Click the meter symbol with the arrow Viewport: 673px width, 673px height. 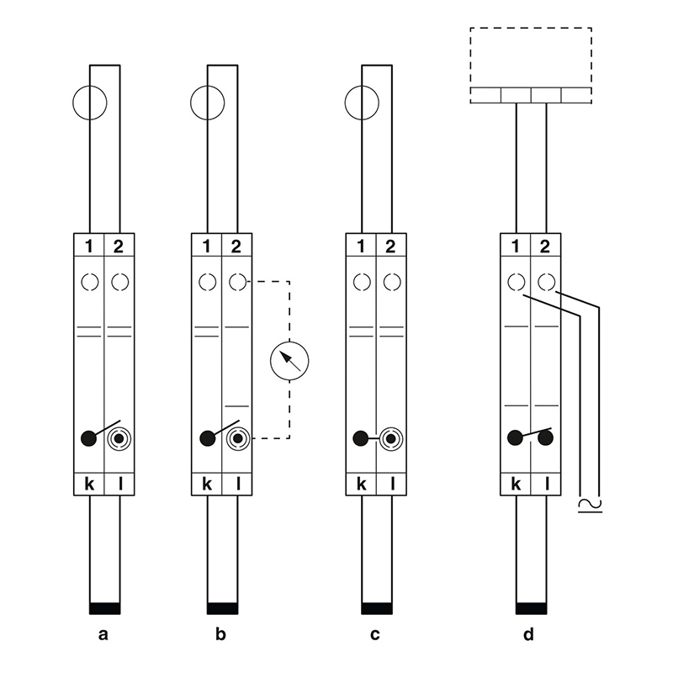click(x=289, y=361)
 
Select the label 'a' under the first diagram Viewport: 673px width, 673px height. click(x=103, y=634)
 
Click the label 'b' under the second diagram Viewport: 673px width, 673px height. click(x=220, y=633)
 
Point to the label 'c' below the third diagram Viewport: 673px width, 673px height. click(x=374, y=634)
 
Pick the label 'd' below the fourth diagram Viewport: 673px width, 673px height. click(x=529, y=633)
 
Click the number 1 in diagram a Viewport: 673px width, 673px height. click(x=89, y=246)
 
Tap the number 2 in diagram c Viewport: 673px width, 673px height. click(x=390, y=246)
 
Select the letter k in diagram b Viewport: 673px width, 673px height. click(x=207, y=484)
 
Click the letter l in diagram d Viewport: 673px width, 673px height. click(x=547, y=484)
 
